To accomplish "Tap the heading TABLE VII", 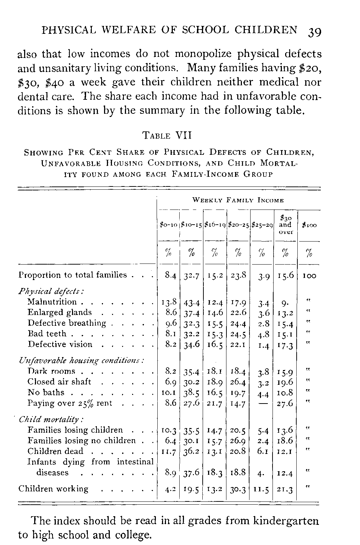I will click(167, 136).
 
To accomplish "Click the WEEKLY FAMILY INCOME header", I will click(238, 200).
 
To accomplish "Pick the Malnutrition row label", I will click(52, 302).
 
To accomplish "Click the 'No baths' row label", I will click(46, 392).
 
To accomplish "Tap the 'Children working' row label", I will click(53, 488).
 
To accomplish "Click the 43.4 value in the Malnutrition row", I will click(191, 303).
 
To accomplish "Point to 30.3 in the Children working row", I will click(238, 489).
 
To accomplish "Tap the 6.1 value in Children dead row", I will click(263, 451).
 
